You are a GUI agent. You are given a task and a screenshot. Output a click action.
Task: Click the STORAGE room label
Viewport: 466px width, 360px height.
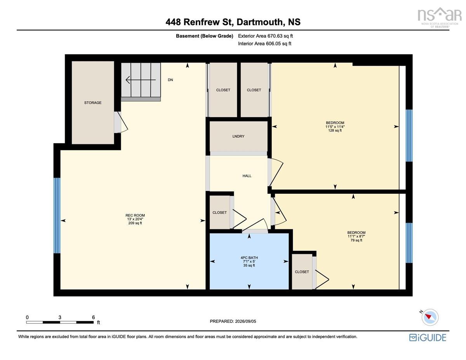(93, 103)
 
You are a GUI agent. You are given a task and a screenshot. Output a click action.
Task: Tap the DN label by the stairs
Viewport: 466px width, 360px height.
(170, 80)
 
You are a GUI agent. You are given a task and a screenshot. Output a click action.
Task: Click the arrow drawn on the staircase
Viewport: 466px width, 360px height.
(141, 80)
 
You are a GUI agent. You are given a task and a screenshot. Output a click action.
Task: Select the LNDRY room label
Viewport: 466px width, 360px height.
(238, 136)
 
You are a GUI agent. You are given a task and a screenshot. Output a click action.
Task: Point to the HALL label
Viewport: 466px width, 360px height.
(247, 176)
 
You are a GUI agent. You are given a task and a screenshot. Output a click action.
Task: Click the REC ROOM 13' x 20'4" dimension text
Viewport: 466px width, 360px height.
(135, 219)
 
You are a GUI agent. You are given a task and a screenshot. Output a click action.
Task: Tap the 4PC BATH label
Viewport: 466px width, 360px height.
(249, 257)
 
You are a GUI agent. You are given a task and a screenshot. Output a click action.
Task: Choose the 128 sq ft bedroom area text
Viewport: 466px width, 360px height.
(335, 130)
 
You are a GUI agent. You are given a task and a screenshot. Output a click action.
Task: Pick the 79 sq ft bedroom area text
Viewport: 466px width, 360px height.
(356, 240)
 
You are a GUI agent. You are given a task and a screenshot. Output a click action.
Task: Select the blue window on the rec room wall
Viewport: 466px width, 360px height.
(57, 215)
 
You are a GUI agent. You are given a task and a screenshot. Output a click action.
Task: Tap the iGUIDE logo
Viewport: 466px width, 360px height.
(428, 337)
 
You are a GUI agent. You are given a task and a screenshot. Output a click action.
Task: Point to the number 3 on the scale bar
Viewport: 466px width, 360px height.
(60, 317)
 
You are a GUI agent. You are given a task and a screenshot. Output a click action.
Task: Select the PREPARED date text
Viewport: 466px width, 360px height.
(233, 321)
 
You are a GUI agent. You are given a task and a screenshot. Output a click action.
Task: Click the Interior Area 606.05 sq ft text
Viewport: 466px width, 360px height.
(264, 43)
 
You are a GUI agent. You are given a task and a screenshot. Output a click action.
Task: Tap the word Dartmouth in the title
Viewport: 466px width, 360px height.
(259, 22)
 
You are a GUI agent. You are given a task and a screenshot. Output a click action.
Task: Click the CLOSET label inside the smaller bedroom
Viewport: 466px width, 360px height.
(302, 272)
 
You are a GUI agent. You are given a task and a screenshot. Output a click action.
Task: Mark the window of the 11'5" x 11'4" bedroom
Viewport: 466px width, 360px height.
(409, 136)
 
